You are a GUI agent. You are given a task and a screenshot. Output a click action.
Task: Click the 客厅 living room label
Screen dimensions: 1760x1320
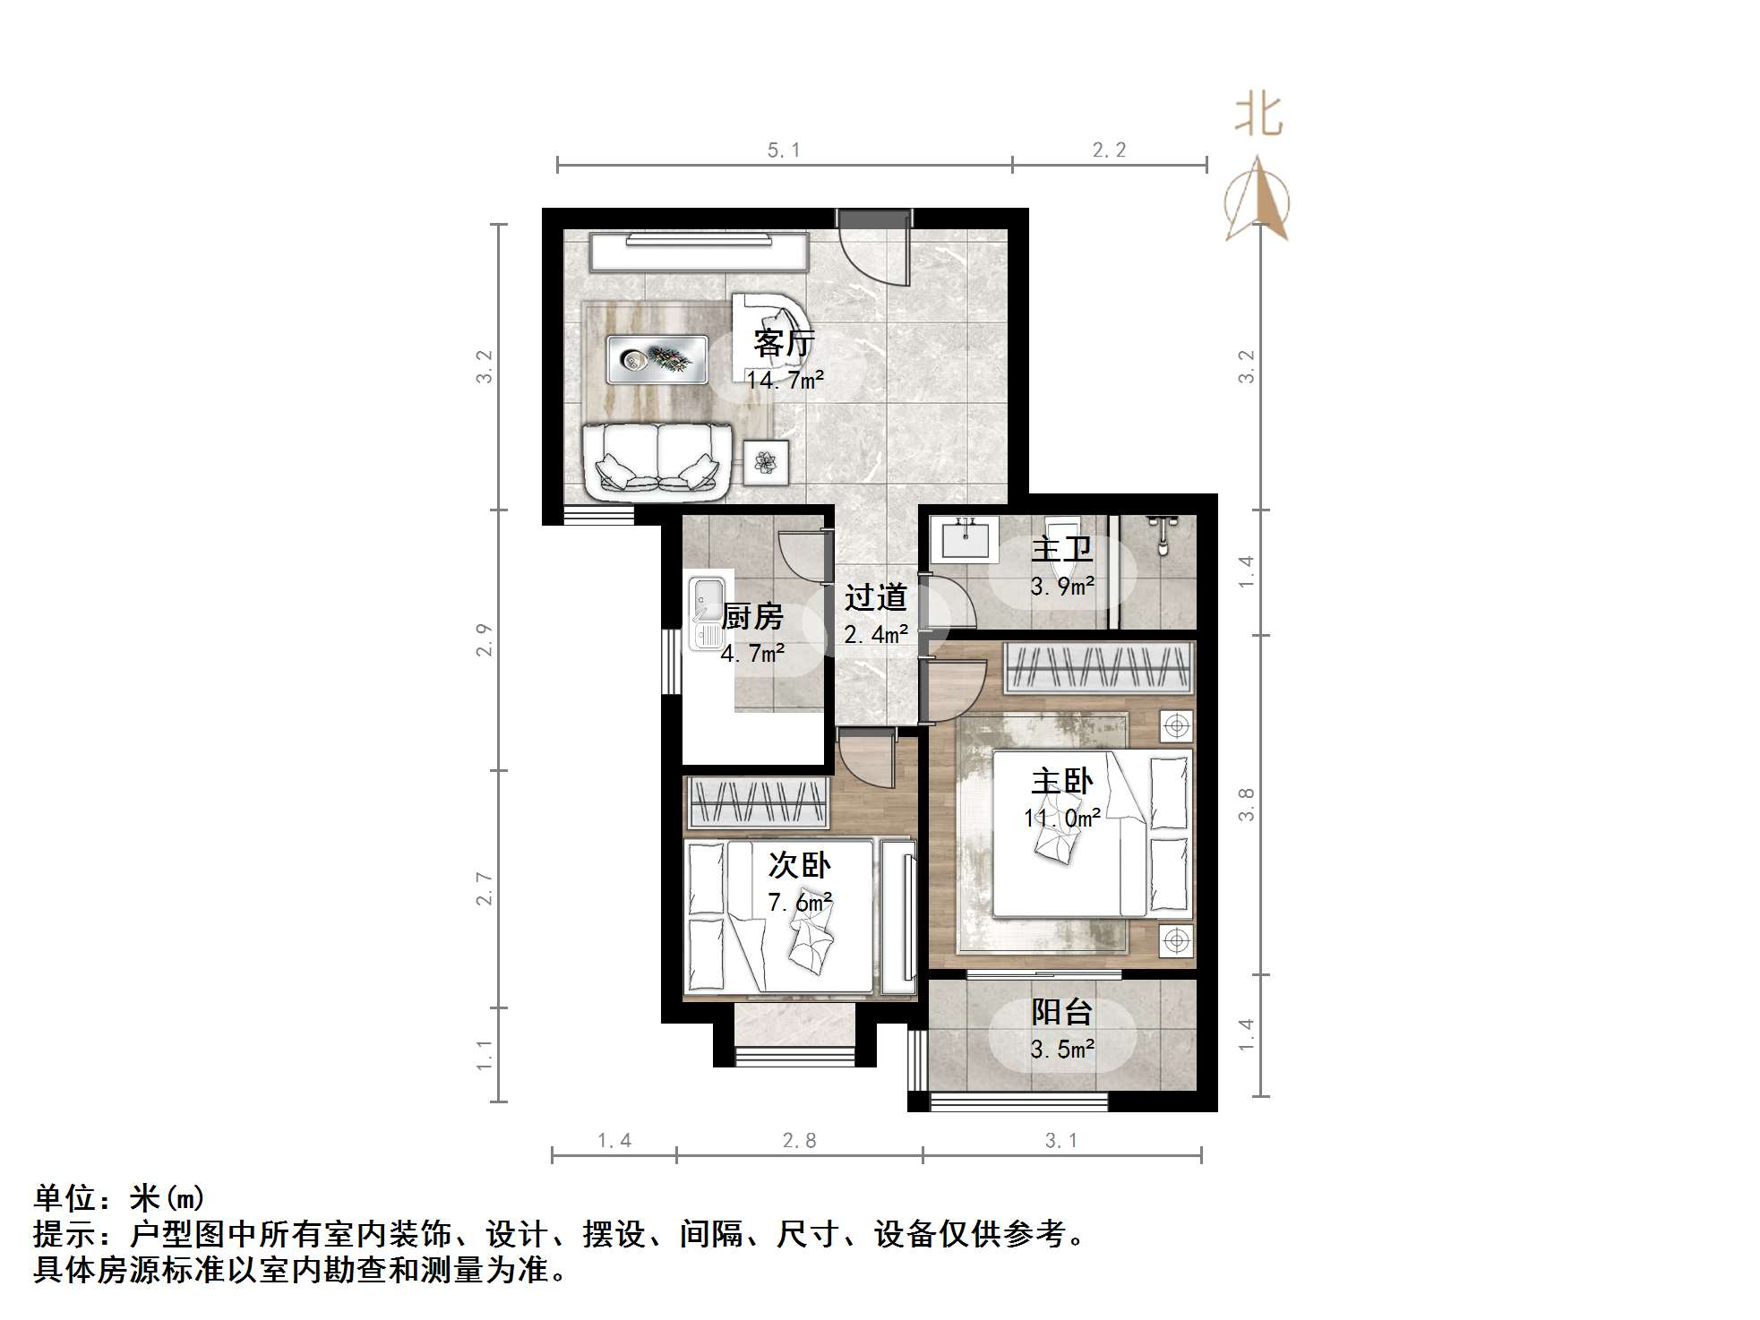pyautogui.click(x=785, y=343)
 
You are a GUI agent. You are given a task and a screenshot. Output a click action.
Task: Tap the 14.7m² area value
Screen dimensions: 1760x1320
pyautogui.click(x=785, y=380)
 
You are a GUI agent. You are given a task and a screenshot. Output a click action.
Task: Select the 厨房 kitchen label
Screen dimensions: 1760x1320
pyautogui.click(x=752, y=617)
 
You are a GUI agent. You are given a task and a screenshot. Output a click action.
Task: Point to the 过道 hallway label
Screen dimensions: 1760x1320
pyautogui.click(x=876, y=597)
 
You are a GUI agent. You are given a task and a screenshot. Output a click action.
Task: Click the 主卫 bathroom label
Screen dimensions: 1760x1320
pyautogui.click(x=1062, y=549)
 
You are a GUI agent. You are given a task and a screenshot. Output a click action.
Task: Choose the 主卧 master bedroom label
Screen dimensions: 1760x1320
pyautogui.click(x=1062, y=782)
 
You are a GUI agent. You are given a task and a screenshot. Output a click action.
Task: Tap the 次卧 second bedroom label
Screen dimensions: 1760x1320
pyautogui.click(x=800, y=865)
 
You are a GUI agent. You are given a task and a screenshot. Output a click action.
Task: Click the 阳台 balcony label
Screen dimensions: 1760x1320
pyautogui.click(x=1062, y=1012)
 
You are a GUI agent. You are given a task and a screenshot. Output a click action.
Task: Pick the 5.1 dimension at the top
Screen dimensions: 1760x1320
pyautogui.click(x=784, y=150)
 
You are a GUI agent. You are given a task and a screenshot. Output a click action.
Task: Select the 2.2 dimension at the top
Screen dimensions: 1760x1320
pyautogui.click(x=1109, y=150)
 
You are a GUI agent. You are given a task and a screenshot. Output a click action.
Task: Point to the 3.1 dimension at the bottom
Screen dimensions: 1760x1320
pyautogui.click(x=1061, y=1141)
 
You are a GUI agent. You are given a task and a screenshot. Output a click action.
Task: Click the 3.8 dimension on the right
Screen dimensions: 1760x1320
pyautogui.click(x=1246, y=804)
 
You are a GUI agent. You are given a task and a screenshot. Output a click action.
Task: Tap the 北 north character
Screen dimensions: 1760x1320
pyautogui.click(x=1259, y=116)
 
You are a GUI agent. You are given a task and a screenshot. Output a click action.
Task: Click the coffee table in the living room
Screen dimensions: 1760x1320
pyautogui.click(x=657, y=360)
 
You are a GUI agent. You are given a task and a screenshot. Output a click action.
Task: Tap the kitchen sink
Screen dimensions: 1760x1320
pyautogui.click(x=708, y=613)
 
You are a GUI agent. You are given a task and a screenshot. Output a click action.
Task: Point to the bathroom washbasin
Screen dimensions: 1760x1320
pyautogui.click(x=965, y=540)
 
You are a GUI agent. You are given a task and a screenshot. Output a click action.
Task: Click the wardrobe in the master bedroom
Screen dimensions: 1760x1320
pyautogui.click(x=1099, y=668)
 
